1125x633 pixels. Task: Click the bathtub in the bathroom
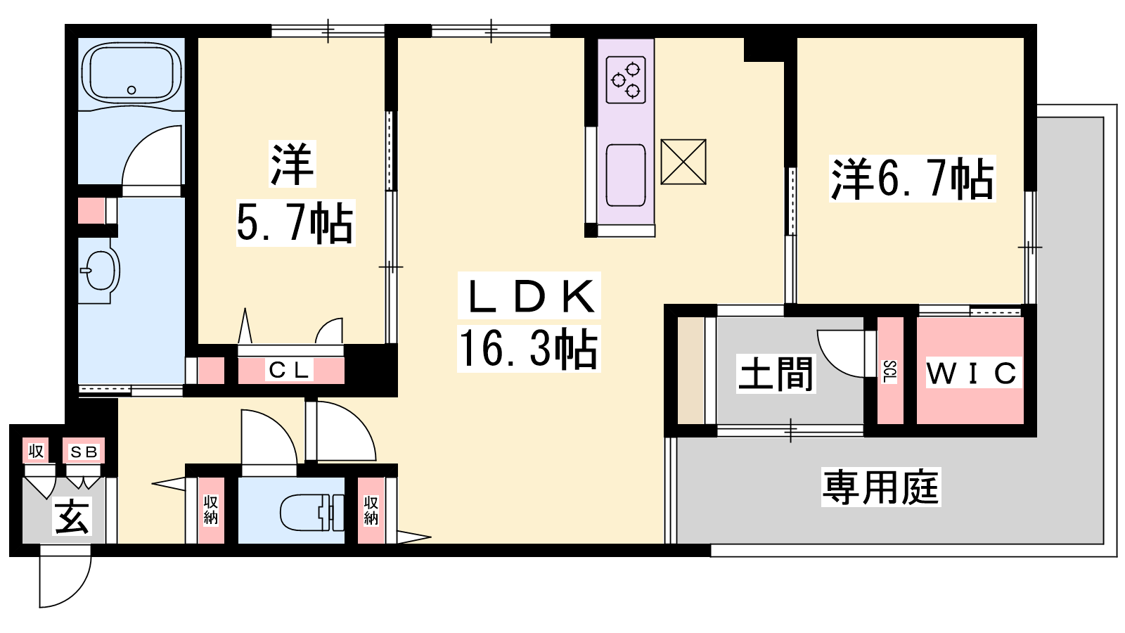(131, 75)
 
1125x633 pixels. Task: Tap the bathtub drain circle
(131, 91)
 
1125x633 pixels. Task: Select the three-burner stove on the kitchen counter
(626, 79)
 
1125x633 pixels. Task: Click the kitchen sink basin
(626, 175)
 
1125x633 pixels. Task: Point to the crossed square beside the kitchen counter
(683, 162)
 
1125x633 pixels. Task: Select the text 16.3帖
(528, 348)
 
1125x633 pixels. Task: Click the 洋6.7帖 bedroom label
(912, 179)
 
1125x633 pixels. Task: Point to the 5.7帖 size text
(295, 223)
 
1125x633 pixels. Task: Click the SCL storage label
(889, 372)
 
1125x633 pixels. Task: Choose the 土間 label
(776, 373)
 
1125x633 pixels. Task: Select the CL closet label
(289, 370)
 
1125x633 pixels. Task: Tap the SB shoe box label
(84, 452)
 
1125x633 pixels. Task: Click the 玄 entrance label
(72, 516)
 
